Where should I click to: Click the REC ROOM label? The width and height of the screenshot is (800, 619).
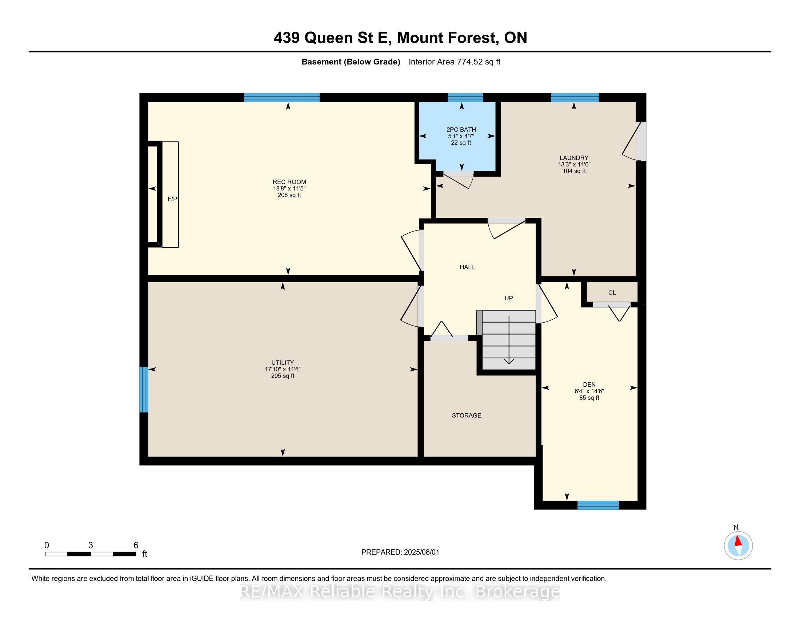pyautogui.click(x=289, y=182)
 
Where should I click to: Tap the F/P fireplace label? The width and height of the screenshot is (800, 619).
pyautogui.click(x=172, y=199)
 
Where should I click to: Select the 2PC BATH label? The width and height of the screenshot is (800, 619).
pyautogui.click(x=461, y=130)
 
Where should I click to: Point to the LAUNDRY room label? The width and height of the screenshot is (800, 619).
pyautogui.click(x=574, y=158)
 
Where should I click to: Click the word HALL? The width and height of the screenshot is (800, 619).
pyautogui.click(x=467, y=267)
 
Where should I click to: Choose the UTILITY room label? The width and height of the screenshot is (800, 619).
pyautogui.click(x=283, y=363)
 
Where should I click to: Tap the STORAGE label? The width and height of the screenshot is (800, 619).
pyautogui.click(x=466, y=415)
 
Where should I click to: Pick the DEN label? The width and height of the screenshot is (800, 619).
pyautogui.click(x=589, y=385)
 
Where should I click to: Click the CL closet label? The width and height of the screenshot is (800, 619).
pyautogui.click(x=612, y=293)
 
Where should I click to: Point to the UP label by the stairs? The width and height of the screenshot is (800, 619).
pyautogui.click(x=508, y=298)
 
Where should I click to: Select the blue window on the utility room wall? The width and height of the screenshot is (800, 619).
pyautogui.click(x=144, y=390)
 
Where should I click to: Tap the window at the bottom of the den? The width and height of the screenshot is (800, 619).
pyautogui.click(x=598, y=505)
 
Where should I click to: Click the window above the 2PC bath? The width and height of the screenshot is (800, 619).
pyautogui.click(x=465, y=98)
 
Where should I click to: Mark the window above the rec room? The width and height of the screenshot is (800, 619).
pyautogui.click(x=282, y=98)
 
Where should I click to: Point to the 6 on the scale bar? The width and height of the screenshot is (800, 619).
pyautogui.click(x=136, y=545)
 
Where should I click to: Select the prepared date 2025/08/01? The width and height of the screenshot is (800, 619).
pyautogui.click(x=421, y=552)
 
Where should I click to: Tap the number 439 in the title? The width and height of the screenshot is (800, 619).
pyautogui.click(x=287, y=38)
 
